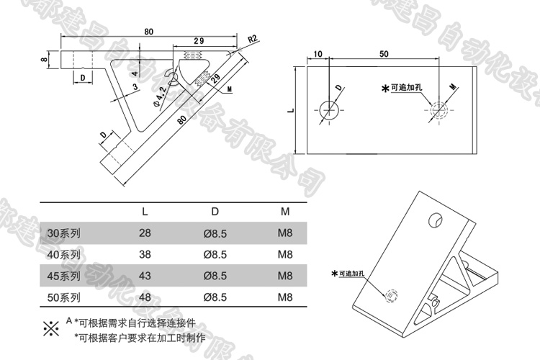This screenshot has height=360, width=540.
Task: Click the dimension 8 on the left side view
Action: click(x=45, y=60)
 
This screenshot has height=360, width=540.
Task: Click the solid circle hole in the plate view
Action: click(x=330, y=110)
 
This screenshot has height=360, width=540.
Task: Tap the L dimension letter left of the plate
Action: click(x=289, y=110)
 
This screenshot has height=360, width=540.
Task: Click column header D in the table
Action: click(x=215, y=212)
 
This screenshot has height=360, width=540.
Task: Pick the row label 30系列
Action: click(x=63, y=233)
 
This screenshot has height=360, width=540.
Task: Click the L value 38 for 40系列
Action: click(x=145, y=254)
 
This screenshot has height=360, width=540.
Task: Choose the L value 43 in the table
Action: click(x=145, y=275)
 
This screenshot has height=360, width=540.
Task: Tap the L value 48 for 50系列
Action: click(x=145, y=296)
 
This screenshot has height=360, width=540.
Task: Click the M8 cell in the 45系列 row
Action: click(x=284, y=275)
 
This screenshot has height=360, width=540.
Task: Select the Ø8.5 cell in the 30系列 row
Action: click(x=215, y=233)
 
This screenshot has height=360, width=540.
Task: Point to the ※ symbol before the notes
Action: click(x=51, y=329)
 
